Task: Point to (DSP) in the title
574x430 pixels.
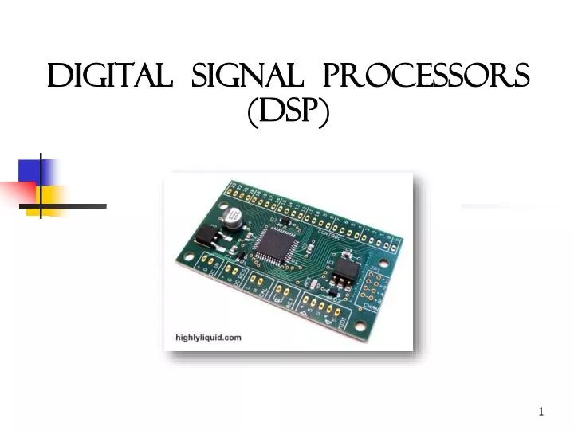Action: tap(289, 115)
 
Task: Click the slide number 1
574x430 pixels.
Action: tap(541, 412)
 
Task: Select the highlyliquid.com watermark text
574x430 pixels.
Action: tap(208, 338)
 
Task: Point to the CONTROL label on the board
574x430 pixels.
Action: tap(329, 236)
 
